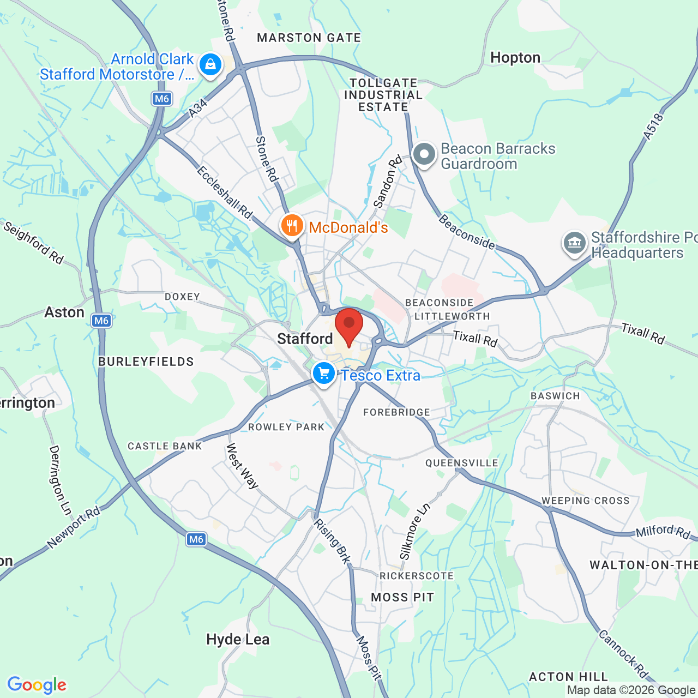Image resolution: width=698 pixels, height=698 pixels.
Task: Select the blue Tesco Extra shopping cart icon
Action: [324, 374]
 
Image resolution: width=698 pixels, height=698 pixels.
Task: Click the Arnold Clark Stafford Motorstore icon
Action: [210, 65]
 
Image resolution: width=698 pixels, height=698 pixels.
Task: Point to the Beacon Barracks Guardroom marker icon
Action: [424, 155]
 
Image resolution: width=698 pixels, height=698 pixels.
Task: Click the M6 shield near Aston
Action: [101, 321]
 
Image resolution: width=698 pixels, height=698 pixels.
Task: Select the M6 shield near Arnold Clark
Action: [162, 99]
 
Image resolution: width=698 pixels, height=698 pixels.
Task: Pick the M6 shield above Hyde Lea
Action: [196, 539]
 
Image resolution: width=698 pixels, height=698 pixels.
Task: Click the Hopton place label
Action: [515, 58]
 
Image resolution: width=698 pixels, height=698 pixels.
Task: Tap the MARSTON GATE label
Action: [309, 38]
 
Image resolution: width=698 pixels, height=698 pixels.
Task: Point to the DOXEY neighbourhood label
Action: [183, 297]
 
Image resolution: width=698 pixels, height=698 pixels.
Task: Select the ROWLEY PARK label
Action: [286, 427]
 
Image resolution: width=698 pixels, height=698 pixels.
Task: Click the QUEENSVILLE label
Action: [462, 463]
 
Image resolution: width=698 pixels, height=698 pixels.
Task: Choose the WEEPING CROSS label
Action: [585, 501]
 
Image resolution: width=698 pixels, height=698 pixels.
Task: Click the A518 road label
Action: [653, 127]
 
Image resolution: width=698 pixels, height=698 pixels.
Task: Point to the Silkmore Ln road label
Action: [415, 531]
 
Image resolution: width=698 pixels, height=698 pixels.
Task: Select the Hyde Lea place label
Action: [238, 639]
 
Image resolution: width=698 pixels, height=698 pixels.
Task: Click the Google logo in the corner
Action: [37, 685]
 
